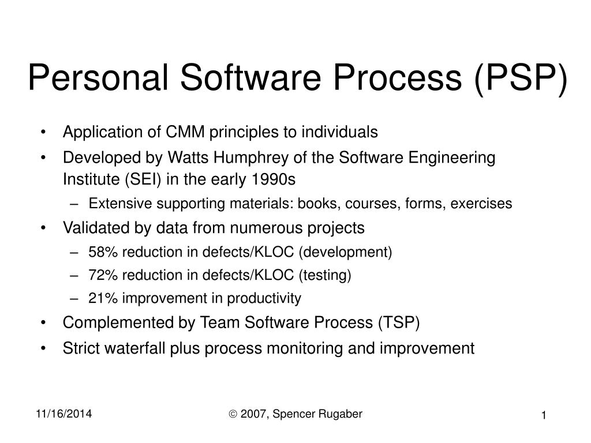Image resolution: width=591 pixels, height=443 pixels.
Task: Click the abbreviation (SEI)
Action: pos(141,179)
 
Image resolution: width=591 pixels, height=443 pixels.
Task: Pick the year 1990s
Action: pos(274,179)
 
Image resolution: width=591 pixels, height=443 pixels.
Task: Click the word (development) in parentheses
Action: pos(347,252)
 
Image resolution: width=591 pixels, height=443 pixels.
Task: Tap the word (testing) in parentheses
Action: pos(324,275)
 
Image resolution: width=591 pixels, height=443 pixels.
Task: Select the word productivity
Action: pos(264,298)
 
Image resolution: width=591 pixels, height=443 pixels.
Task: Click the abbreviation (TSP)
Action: pos(399,322)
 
